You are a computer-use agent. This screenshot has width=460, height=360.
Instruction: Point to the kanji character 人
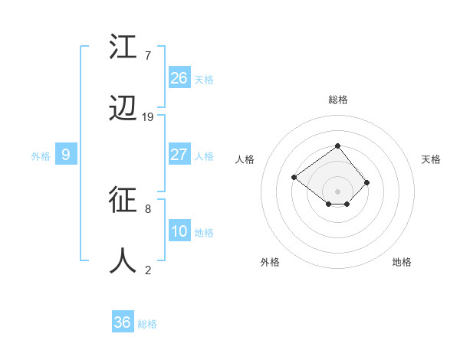pyautogui.click(x=124, y=260)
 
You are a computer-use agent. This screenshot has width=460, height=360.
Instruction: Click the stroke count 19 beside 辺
pyautogui.click(x=148, y=117)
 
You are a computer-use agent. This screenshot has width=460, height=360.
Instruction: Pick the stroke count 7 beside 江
pyautogui.click(x=147, y=56)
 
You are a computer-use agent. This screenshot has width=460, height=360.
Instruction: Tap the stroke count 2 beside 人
pyautogui.click(x=147, y=270)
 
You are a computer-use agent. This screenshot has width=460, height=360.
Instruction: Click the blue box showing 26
pyautogui.click(x=179, y=78)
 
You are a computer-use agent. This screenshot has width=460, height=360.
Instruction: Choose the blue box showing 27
pyautogui.click(x=179, y=155)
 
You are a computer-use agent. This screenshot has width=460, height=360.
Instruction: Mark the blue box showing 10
pyautogui.click(x=179, y=231)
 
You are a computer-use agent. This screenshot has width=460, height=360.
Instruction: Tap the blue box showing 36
pyautogui.click(x=123, y=322)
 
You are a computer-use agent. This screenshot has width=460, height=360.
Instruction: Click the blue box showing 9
pyautogui.click(x=66, y=155)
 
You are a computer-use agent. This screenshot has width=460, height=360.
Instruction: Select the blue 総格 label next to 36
pyautogui.click(x=147, y=324)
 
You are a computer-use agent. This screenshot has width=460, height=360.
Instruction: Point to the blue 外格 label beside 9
pyautogui.click(x=41, y=156)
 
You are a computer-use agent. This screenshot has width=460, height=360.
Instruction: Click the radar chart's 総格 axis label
pyautogui.click(x=337, y=100)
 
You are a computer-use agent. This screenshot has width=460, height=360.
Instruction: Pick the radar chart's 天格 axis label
pyautogui.click(x=431, y=159)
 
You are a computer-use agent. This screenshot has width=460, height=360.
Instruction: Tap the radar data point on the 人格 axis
pyautogui.click(x=294, y=178)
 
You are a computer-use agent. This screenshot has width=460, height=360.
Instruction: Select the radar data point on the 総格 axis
pyautogui.click(x=337, y=146)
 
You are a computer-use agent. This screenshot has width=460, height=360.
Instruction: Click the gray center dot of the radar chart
pyautogui.click(x=337, y=191)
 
